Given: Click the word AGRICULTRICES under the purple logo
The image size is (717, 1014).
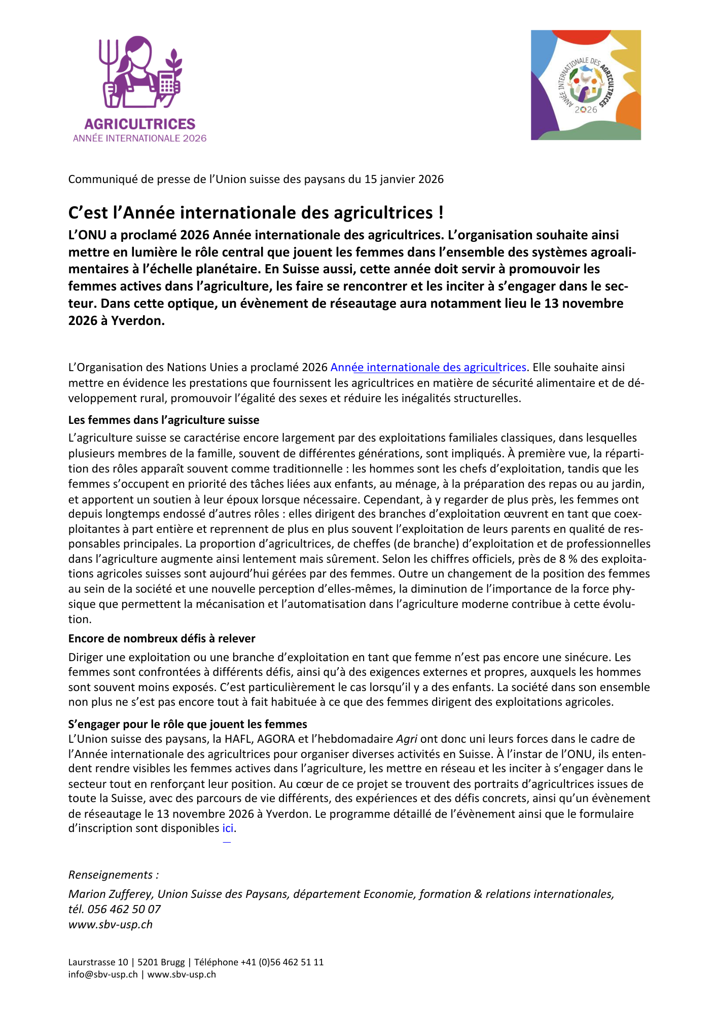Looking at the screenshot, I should point(139,124).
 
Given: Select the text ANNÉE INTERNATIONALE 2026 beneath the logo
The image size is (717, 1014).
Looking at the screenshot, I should point(139,138).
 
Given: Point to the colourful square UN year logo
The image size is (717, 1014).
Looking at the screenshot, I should point(586,85).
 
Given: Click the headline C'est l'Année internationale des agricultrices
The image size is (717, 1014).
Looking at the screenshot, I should point(256,213).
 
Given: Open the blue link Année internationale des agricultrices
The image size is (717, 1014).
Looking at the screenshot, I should point(428,368).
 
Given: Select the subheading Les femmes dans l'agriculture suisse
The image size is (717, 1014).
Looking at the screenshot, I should point(164,420).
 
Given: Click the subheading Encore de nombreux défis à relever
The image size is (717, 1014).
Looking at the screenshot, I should point(162,639).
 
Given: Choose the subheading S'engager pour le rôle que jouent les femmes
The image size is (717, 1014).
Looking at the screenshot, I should point(188,725).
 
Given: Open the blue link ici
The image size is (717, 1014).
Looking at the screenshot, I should point(228,828).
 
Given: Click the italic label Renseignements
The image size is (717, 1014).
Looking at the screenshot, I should point(113,875).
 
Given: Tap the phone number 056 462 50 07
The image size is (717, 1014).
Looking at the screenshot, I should point(124,910).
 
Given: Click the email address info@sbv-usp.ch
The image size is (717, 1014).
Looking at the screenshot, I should point(103,974).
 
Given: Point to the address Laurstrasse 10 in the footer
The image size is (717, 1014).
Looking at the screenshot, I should point(98,962).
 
